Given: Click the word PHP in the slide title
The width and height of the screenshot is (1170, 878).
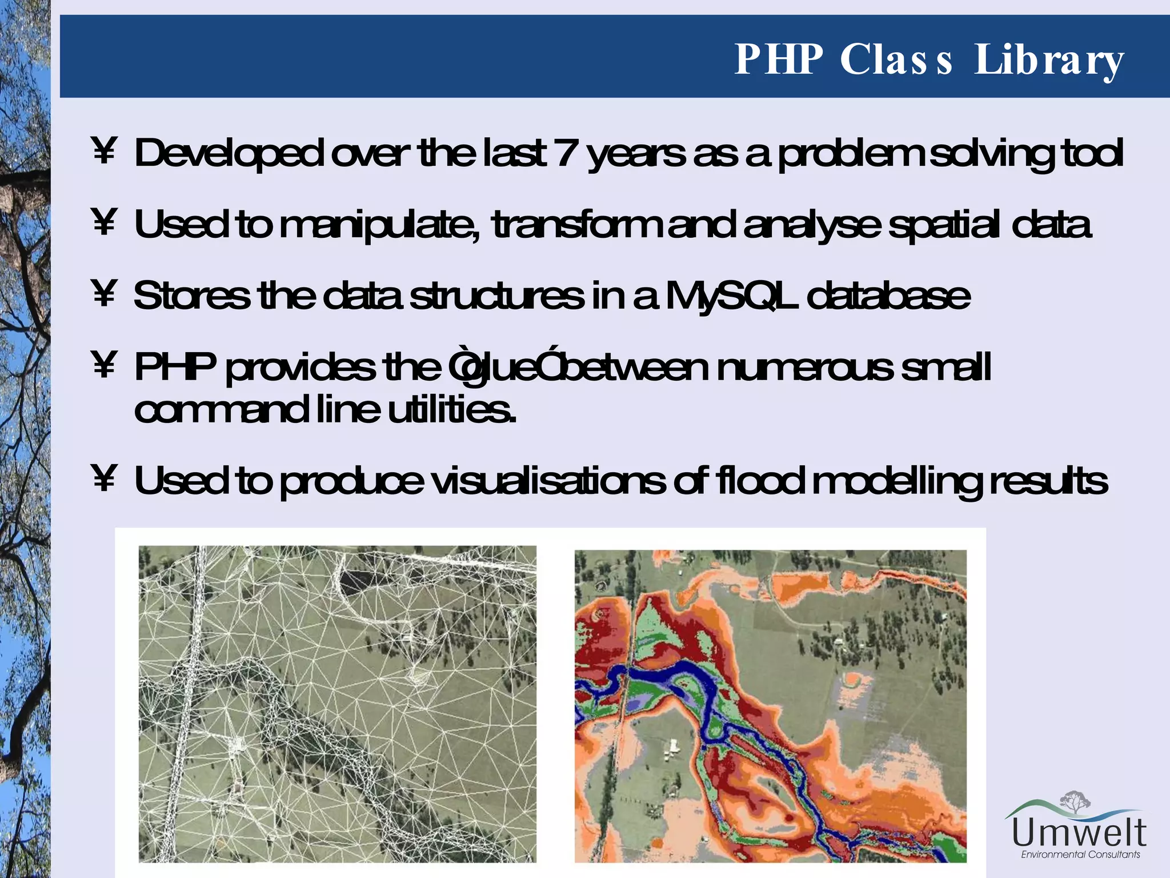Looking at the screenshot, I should [779, 59].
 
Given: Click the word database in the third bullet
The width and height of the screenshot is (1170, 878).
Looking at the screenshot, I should [888, 296].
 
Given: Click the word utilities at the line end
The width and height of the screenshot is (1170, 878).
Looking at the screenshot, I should [451, 410].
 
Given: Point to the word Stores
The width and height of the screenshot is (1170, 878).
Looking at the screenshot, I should [191, 296].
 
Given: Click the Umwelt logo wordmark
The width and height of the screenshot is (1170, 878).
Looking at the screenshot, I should [1079, 833].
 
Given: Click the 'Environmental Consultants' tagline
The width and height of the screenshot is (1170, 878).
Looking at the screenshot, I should [1080, 855].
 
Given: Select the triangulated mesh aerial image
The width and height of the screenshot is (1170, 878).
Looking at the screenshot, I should [337, 703].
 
